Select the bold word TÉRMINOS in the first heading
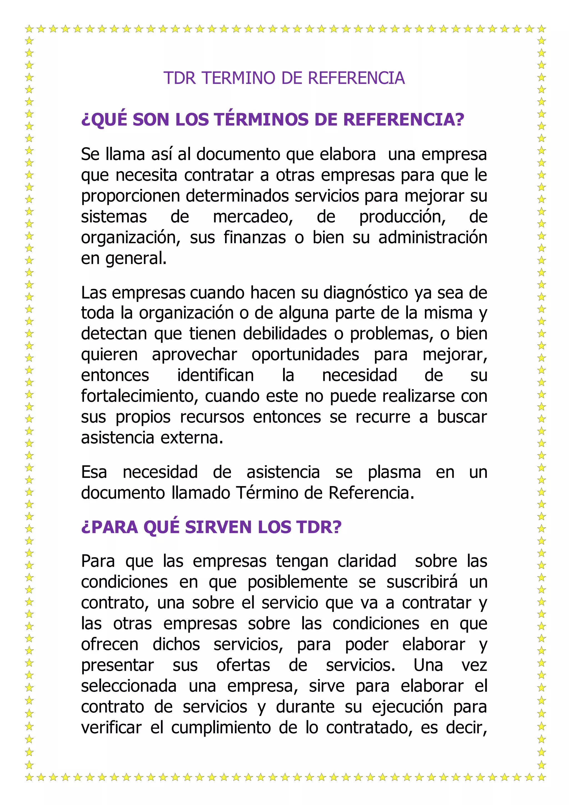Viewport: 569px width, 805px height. (261, 120)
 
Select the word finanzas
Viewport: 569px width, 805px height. (255, 238)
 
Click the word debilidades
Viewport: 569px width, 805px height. (285, 334)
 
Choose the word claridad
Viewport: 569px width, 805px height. (366, 561)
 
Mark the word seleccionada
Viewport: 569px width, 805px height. (129, 686)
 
